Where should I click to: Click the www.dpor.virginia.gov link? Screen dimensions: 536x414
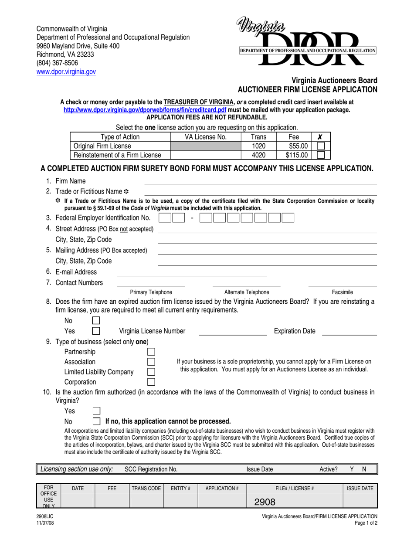(66, 71)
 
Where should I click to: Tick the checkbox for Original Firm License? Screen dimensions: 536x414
(321, 146)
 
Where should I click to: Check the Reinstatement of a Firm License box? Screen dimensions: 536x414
(321, 155)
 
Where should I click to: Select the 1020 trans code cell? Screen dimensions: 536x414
(259, 146)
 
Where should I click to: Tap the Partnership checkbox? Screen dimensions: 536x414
(151, 352)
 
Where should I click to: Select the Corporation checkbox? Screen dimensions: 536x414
(151, 382)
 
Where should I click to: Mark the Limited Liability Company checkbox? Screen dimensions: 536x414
(151, 372)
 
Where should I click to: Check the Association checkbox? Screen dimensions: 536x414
(151, 362)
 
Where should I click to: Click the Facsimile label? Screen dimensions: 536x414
(343, 292)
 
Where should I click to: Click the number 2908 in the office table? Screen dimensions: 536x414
(265, 502)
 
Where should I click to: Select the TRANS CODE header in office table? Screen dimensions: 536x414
(146, 489)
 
